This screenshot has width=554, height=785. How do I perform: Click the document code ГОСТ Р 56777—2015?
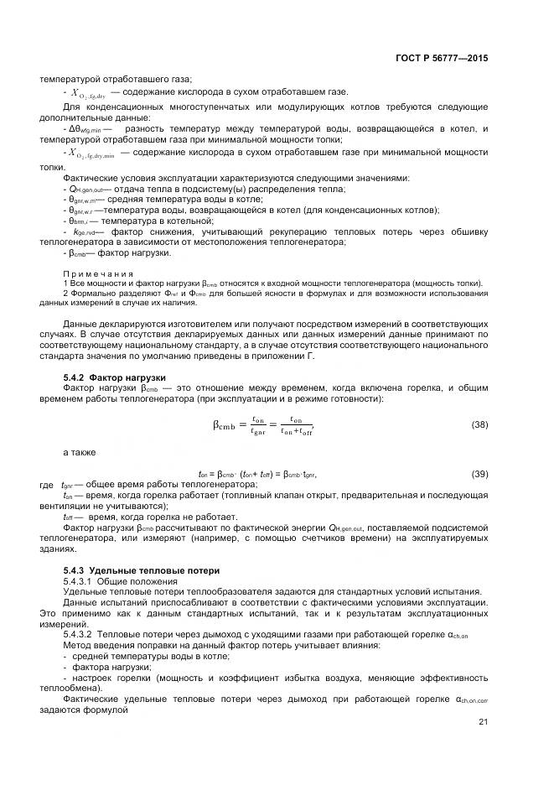pos(441,58)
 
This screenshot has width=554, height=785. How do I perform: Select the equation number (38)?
pos(479,425)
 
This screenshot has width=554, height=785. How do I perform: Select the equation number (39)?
pos(479,474)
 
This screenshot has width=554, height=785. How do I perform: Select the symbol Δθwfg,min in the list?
pos(85,128)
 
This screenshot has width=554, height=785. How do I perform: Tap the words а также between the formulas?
pos(80,452)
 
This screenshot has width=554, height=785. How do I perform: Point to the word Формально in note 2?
pos(91,294)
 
